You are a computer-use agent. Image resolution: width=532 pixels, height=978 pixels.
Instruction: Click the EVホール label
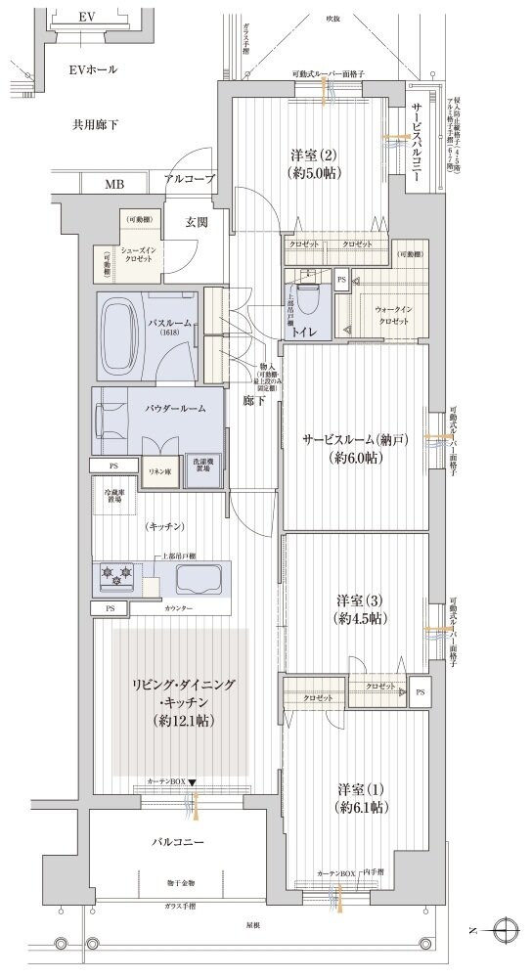pyautogui.click(x=93, y=69)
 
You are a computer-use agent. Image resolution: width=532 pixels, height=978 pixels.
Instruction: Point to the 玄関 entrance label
pyautogui.click(x=197, y=223)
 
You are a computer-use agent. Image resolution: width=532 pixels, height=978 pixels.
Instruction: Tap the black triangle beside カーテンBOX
pyautogui.click(x=194, y=782)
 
